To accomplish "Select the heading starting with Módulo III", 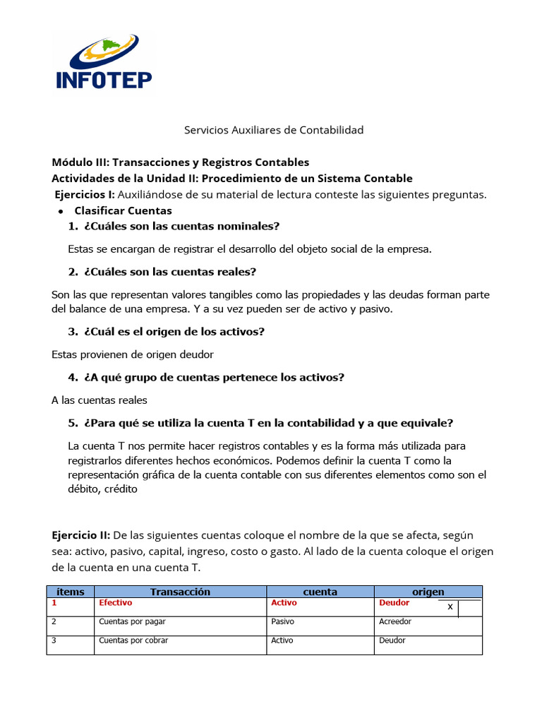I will [x=180, y=162].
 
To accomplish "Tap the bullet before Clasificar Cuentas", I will [x=61, y=211].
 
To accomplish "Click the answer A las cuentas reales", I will [x=100, y=400].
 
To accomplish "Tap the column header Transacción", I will [x=180, y=592].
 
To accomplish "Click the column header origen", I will [x=428, y=592].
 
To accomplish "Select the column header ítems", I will [x=70, y=592].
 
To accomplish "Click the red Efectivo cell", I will [x=116, y=603].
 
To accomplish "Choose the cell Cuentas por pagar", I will [x=132, y=622].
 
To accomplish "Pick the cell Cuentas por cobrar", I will [x=133, y=641].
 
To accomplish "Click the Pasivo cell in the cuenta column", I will [x=282, y=622].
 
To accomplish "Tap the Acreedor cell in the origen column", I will [x=395, y=622].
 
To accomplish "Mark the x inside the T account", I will [x=450, y=607].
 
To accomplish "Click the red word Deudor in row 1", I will [x=394, y=603].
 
